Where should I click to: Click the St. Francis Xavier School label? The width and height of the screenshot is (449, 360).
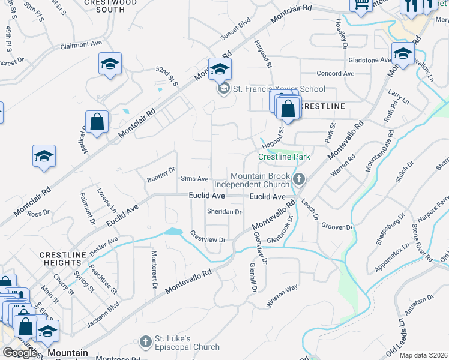pos(279,89)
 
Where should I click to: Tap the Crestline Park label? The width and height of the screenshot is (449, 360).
pos(284,157)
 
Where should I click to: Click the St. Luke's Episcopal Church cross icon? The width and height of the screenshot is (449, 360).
pos(145,342)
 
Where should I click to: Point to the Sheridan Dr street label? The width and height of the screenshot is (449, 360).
pos(224,212)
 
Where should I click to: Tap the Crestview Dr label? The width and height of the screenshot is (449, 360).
pos(208,236)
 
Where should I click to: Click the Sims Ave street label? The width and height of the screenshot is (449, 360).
pos(194,179)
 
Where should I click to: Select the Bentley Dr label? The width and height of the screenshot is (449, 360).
pos(161,175)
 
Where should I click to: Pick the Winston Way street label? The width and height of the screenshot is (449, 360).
pos(282,296)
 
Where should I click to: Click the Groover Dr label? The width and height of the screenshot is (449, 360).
pos(336,226)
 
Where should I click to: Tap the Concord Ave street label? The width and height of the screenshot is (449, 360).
pos(336,73)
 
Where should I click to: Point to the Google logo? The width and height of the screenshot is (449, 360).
pos(20,353)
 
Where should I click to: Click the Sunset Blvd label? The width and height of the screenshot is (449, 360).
pos(235,29)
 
